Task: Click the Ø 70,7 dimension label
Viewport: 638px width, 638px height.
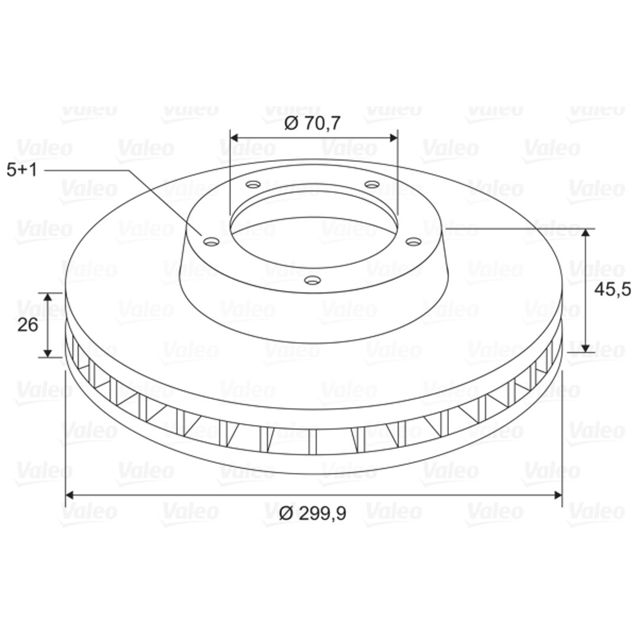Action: [312, 123]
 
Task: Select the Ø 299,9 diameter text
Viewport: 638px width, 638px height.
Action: [313, 513]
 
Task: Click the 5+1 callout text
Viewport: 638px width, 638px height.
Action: [22, 170]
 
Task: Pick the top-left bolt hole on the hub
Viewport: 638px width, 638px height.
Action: [253, 185]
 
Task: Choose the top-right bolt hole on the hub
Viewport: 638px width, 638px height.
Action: [372, 185]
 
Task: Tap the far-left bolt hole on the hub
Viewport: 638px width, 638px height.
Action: [211, 242]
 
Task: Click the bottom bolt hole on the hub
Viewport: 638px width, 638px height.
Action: [313, 281]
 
